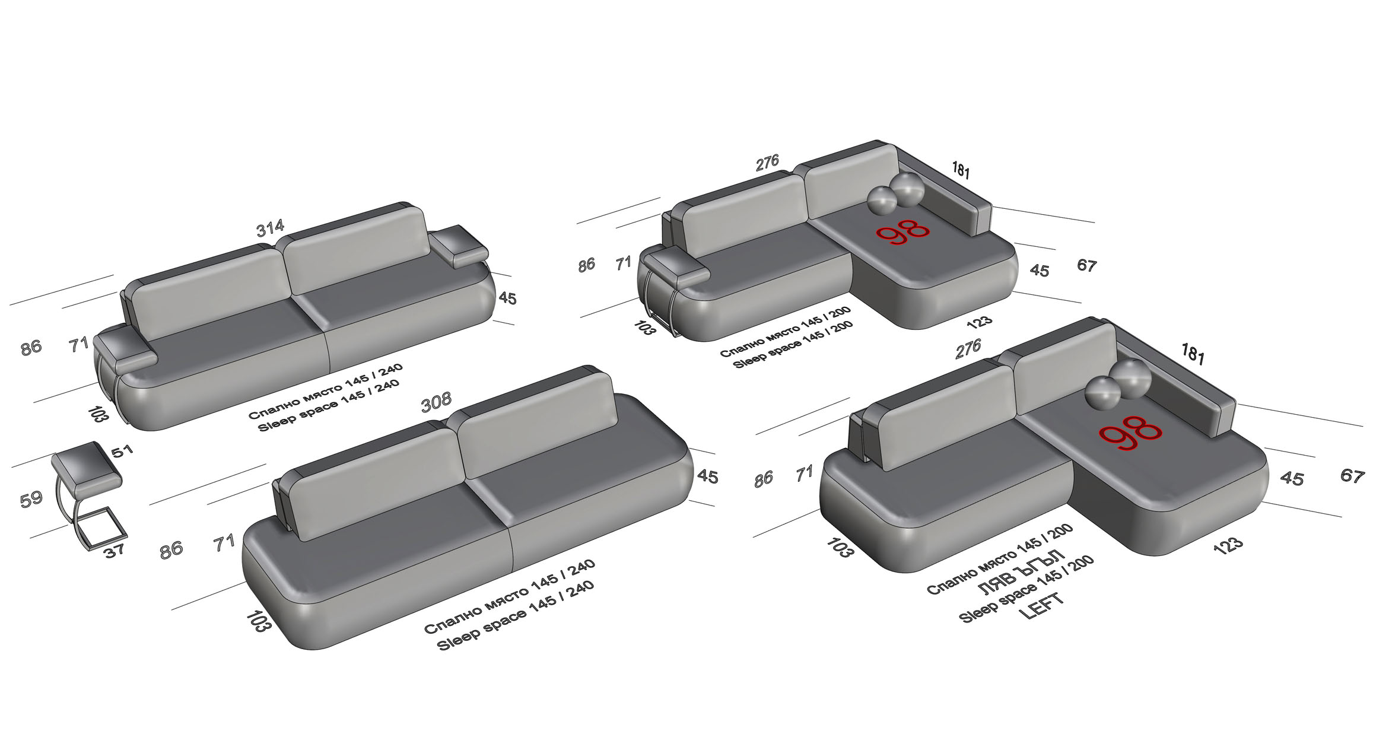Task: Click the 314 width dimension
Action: click(x=271, y=228)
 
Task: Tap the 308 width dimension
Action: click(x=436, y=402)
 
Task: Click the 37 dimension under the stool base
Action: click(x=114, y=550)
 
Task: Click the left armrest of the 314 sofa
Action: click(x=125, y=352)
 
